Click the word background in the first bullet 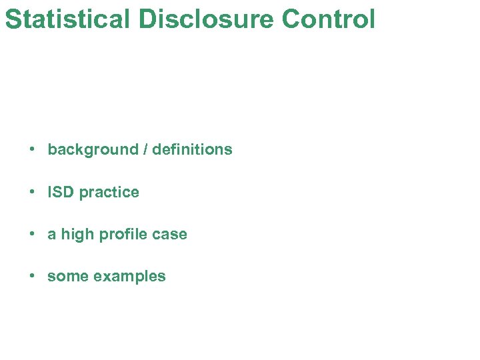click(x=93, y=150)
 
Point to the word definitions click(x=192, y=149)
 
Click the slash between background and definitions click(x=145, y=149)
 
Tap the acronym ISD click(x=61, y=192)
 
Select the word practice click(x=109, y=193)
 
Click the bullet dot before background click(x=32, y=149)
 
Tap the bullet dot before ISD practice click(x=32, y=192)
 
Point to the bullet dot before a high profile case click(x=32, y=234)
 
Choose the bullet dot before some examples click(x=32, y=276)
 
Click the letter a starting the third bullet click(x=52, y=235)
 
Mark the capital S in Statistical click(x=13, y=19)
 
